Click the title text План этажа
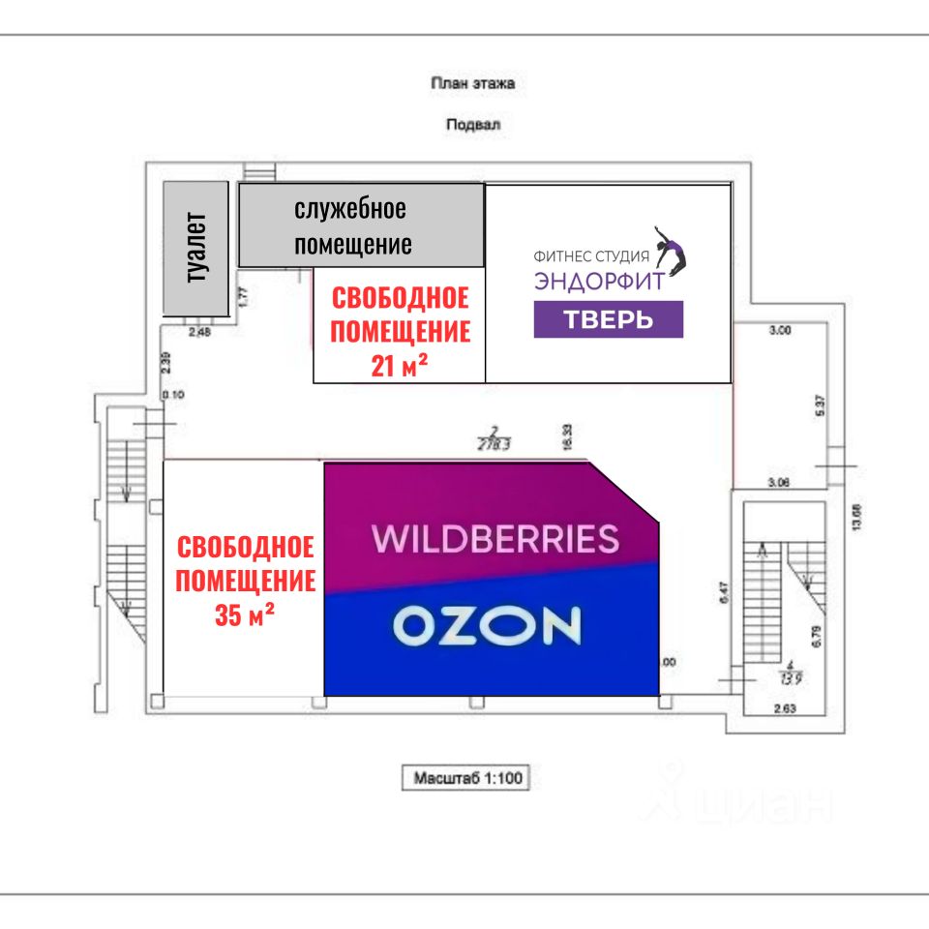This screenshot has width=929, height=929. tap(472, 83)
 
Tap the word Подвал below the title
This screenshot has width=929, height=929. tap(473, 125)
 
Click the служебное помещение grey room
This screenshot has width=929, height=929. tap(360, 225)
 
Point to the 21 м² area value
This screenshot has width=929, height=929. tap(401, 366)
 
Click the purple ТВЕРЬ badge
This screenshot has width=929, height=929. tap(608, 319)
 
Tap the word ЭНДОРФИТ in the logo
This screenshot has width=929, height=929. tap(599, 281)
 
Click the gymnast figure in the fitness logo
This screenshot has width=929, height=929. tap(670, 249)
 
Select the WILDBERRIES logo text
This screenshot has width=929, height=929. tap(496, 539)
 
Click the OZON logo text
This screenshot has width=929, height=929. tap(487, 626)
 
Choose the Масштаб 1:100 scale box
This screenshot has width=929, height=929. tap(466, 777)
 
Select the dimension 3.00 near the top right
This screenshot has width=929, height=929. tap(779, 330)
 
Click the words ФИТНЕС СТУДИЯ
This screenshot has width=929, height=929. tap(590, 256)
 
